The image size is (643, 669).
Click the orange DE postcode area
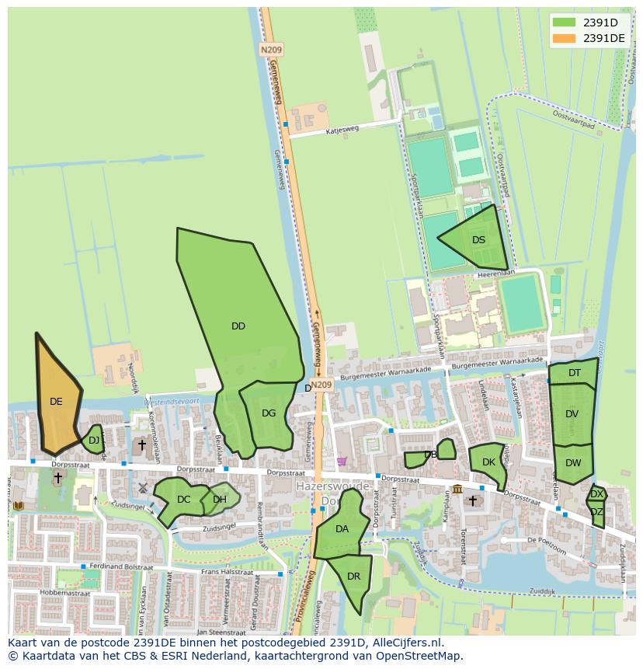pos(56,402)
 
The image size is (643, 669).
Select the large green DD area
pos(238,326)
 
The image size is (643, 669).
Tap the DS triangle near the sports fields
pos(478,239)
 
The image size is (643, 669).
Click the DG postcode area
pos(269,413)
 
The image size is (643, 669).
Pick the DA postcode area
pos(342,528)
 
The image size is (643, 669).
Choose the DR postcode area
pos(354,577)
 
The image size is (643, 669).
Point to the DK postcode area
pos(488,462)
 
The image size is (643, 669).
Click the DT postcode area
pos(574,373)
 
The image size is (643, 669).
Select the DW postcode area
pos(573,463)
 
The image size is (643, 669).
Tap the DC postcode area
pos(183,500)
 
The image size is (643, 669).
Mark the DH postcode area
pos(220,500)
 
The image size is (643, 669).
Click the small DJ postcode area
pos(94,441)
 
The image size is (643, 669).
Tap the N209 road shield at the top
pos(271,49)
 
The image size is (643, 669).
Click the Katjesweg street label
pos(342,129)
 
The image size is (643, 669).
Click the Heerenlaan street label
pos(497,274)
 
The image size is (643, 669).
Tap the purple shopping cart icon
pos(342,462)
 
